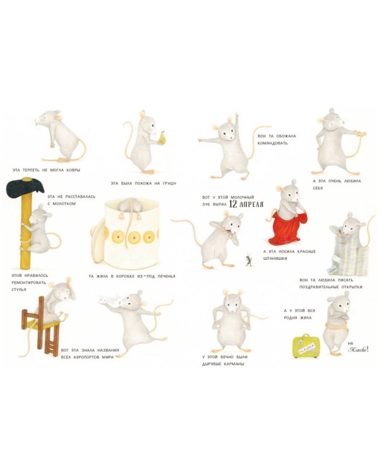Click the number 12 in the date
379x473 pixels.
233,204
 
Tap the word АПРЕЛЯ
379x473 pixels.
251,204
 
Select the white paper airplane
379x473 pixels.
109,300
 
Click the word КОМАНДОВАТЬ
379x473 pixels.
272,143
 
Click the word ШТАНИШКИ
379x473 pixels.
275,259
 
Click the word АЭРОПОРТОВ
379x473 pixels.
85,357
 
